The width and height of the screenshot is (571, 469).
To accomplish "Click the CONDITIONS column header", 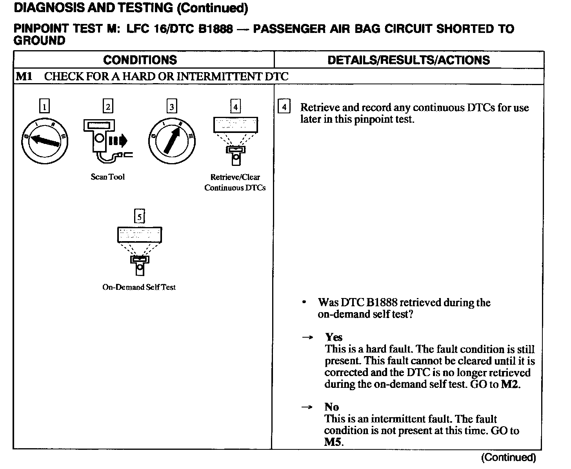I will point(140,60).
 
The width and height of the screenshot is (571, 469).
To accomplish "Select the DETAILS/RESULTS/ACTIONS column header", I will point(408,60).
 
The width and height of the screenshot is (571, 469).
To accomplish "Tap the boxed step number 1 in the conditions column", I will point(45,107).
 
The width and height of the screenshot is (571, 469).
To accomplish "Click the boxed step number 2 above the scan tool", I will point(108,107).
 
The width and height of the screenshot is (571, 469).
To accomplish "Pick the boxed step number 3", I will point(171,107).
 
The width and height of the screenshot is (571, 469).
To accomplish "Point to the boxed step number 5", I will point(139,216).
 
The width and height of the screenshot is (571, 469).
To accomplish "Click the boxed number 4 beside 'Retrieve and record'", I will point(284,107).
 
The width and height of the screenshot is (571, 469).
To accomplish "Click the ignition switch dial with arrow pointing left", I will point(45,141).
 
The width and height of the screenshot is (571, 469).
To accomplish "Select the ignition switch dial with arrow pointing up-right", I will point(171,141).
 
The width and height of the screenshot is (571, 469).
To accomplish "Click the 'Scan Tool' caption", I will point(108,177).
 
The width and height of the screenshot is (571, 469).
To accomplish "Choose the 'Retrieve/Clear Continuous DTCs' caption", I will point(235,182).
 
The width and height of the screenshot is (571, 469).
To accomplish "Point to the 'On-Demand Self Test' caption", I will point(139,287).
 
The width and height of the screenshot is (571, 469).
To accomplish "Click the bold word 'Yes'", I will point(334,337).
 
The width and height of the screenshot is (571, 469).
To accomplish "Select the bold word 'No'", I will point(332,407).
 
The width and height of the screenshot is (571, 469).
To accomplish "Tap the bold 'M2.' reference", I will point(511,384).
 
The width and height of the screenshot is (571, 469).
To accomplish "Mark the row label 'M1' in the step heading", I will point(24,76).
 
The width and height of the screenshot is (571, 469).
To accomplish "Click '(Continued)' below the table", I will point(509,457).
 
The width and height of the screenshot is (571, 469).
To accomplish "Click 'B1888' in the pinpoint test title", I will point(215,29).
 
